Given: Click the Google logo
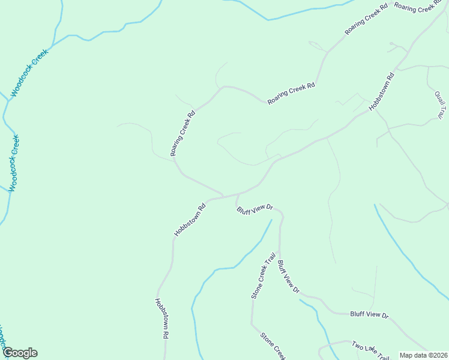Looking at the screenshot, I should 20,353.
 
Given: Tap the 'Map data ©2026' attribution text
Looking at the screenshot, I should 423,355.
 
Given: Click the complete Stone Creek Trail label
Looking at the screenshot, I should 263,275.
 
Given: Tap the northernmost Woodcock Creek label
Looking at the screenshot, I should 29,73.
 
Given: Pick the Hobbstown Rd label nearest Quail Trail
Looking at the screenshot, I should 382,91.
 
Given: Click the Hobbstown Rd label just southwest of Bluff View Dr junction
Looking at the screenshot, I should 190,219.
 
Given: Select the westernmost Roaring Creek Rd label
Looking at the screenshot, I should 182,133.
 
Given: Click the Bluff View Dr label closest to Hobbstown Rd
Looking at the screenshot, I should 255,209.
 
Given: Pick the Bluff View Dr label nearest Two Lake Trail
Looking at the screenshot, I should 369,314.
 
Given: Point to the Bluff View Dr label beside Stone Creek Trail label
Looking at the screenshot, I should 289,277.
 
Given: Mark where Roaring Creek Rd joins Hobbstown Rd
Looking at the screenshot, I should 223,196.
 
